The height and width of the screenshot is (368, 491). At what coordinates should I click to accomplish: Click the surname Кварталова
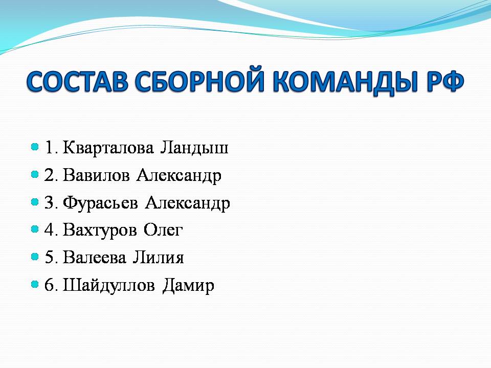[x=108, y=148]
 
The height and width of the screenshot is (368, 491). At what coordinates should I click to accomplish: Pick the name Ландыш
[x=194, y=148]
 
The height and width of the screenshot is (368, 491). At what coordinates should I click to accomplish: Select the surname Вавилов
[x=96, y=175]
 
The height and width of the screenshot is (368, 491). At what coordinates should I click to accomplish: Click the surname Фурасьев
[x=100, y=203]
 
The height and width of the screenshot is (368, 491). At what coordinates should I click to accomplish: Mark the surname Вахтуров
[x=100, y=231]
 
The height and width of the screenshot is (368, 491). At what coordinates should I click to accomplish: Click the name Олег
[x=163, y=231]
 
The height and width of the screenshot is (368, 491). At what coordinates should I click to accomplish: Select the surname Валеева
[x=95, y=257]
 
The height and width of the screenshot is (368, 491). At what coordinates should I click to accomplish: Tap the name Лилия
[x=158, y=257]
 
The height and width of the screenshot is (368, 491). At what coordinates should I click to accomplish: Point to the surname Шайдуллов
[x=108, y=286]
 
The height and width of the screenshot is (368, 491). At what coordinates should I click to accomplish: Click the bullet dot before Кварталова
[x=35, y=147]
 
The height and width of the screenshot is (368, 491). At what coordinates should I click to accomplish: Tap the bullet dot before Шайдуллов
[x=35, y=284]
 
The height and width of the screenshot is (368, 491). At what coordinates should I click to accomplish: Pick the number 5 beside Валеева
[x=50, y=257]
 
